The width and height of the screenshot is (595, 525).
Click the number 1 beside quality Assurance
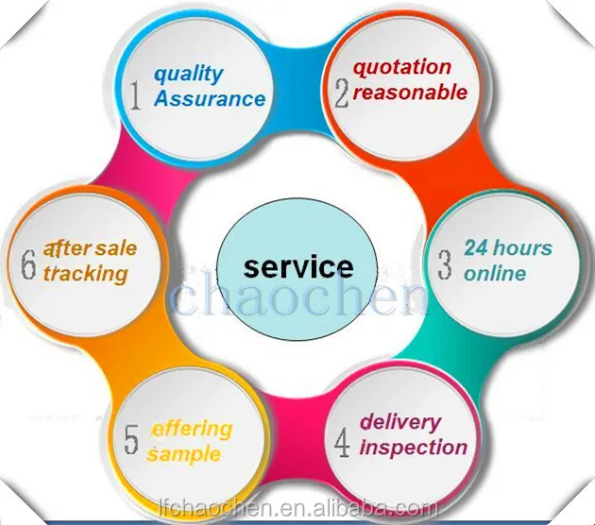136,95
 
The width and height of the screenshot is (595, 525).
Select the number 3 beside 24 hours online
444,263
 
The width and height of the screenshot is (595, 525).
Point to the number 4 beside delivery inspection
341,440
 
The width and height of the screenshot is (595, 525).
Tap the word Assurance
210,97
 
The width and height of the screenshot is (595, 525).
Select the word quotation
401,67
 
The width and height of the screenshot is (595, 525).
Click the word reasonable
410,92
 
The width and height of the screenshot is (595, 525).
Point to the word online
495,273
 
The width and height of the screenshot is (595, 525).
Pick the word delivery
399,421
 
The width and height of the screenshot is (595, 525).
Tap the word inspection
413,446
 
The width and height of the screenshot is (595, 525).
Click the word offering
192,429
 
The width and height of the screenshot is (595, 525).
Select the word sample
185,453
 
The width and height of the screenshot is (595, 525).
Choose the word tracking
84,274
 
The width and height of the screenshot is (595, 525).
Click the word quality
189,73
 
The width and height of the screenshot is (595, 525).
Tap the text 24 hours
507,248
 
